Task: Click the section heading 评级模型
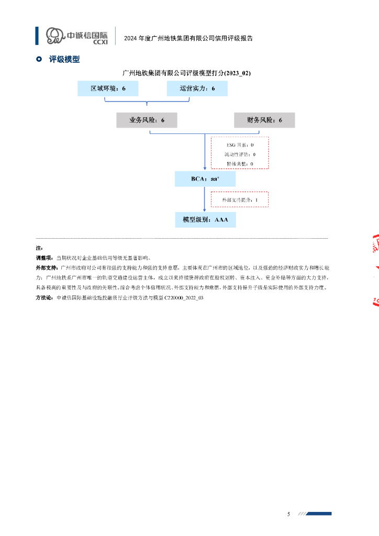(64, 60)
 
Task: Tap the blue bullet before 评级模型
(39, 60)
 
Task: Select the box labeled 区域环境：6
(108, 88)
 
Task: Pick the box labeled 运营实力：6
(197, 88)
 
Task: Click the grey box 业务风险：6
(147, 120)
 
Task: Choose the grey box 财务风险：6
(264, 120)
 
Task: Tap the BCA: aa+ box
(205, 179)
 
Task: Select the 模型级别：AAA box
(205, 220)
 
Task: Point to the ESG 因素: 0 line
(240, 144)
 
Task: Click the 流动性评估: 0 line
(240, 154)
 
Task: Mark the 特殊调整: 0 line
(240, 164)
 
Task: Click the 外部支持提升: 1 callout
(240, 199)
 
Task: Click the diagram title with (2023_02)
(186, 73)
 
